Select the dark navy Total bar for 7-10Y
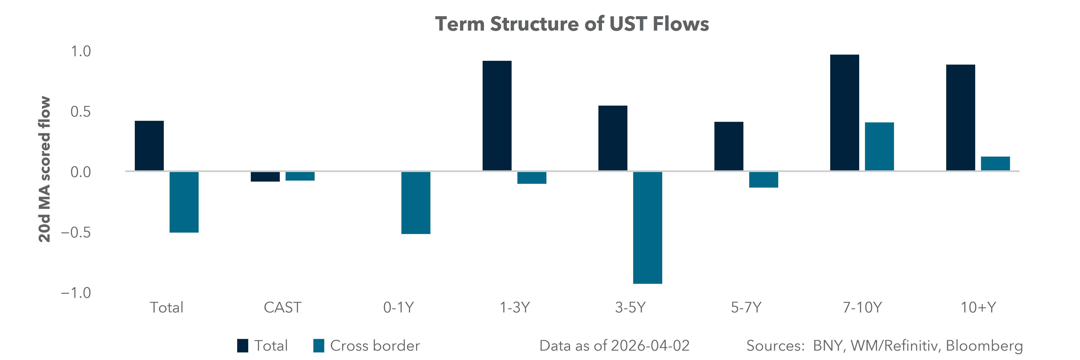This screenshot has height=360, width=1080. [844, 112]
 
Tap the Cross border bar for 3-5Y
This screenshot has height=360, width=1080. [647, 228]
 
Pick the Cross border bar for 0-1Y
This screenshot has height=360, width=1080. [415, 202]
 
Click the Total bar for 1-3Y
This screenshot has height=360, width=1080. [497, 116]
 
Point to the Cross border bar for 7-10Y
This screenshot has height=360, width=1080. [879, 146]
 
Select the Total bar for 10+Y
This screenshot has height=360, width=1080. [961, 117]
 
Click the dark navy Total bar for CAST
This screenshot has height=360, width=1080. [265, 176]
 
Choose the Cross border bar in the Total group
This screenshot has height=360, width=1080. [184, 202]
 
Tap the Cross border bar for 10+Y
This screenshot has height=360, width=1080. [995, 163]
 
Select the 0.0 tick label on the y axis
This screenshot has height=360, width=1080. [80, 172]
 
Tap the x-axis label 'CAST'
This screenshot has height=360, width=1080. [282, 308]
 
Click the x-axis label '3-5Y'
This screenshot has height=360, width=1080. [630, 308]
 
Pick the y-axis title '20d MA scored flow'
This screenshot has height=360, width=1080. [44, 169]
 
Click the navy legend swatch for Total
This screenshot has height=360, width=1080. [242, 346]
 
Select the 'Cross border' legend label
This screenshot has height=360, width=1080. [375, 346]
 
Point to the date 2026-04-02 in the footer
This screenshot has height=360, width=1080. [650, 346]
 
